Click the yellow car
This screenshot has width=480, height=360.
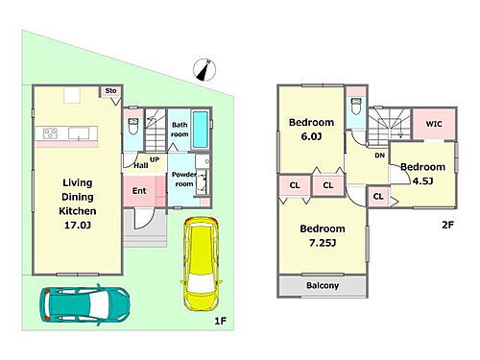pos(201,264)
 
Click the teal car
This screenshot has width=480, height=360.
pos(84,304)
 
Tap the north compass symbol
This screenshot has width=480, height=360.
pos(204,70)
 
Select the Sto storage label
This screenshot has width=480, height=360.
pos(110,91)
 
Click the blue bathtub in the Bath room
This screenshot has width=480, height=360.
pos(201,130)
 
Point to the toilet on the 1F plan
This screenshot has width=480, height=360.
pos(133,126)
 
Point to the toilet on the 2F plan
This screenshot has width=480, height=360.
pos(356,107)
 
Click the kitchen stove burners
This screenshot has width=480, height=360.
pos(50,133)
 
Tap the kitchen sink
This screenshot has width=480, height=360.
pos(79,133)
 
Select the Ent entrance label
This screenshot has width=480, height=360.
pos(139,191)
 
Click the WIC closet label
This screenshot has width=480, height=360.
pos(434,124)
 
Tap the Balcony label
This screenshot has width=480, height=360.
pos(323,285)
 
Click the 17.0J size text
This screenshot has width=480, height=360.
pos(78,226)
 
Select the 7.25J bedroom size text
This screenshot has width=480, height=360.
pos(323,243)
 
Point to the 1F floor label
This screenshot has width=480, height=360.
pos(221,321)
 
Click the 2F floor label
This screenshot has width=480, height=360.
pos(447,225)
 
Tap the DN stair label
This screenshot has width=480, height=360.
pos(379,156)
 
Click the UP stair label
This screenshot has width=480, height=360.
pos(155,159)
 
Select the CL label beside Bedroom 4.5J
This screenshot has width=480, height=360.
pos(378,196)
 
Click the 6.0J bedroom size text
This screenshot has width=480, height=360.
pos(311,136)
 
